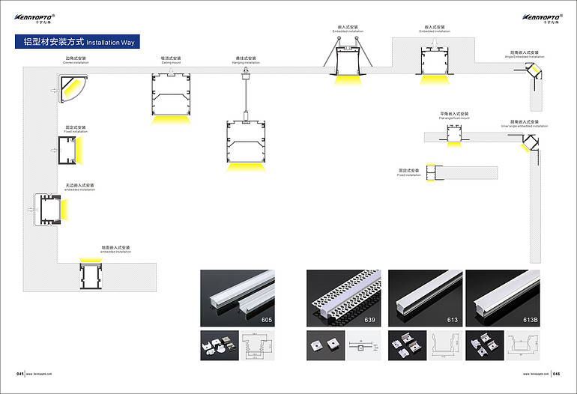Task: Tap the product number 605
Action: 267,320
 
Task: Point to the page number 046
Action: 556,372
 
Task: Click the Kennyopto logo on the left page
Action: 37,17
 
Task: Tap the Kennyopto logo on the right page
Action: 540,17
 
